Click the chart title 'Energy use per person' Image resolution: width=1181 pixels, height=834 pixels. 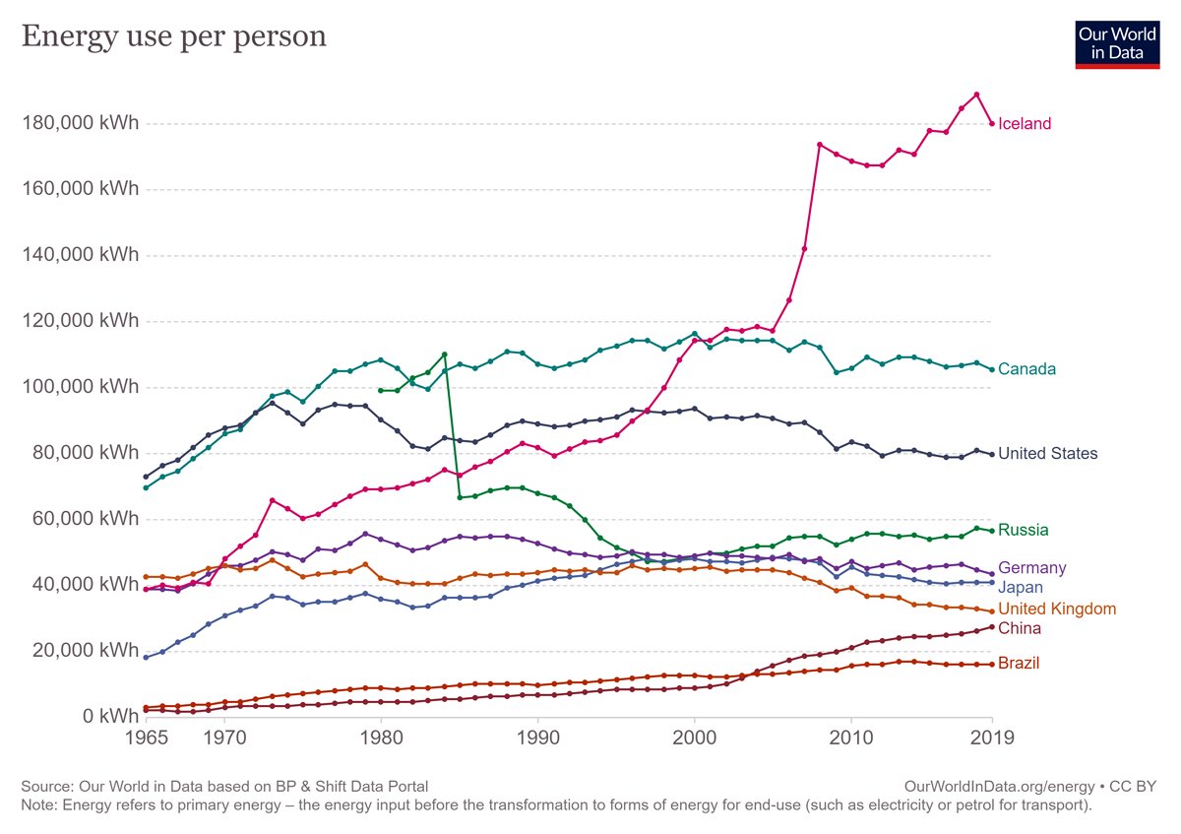point(174,36)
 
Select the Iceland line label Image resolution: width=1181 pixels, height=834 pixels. point(1025,124)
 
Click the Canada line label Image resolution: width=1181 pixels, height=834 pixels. point(1026,369)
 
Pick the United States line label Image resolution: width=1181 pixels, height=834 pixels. point(1047,454)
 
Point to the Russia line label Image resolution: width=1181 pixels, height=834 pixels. point(1023,530)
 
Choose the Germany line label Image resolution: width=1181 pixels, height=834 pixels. point(1031,568)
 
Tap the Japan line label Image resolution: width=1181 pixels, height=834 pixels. point(1021,588)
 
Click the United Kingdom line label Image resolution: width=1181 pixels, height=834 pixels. point(1056,609)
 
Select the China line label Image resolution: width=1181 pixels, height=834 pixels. point(1020,628)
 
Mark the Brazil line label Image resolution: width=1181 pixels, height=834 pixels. point(1019,664)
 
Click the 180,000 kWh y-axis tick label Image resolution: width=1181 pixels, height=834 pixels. point(80,124)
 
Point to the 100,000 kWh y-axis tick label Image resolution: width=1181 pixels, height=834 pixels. point(80,387)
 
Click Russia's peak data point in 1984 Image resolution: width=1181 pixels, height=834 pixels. point(444,353)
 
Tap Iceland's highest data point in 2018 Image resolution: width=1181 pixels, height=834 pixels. point(976,95)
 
